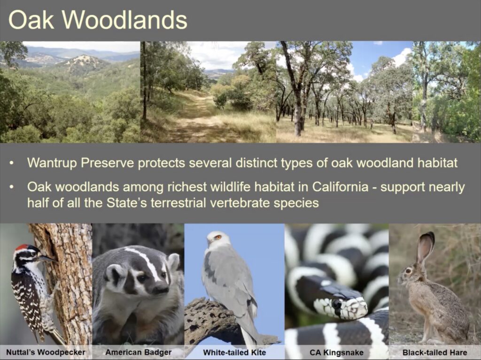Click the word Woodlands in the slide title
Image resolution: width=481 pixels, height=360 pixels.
pyautogui.click(x=124, y=20)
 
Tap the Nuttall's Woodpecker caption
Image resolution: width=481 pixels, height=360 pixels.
pyautogui.click(x=46, y=352)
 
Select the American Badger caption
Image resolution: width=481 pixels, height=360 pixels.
pyautogui.click(x=139, y=352)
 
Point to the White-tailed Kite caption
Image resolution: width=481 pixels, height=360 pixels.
pyautogui.click(x=234, y=352)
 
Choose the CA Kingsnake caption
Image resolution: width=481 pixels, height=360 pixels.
pyautogui.click(x=336, y=352)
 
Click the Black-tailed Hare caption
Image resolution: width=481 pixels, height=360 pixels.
pyautogui.click(x=434, y=352)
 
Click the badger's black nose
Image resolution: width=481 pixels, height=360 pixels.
pyautogui.click(x=161, y=288)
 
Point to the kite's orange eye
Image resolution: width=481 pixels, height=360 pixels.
pyautogui.click(x=218, y=237)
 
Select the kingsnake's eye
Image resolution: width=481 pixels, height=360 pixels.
pyautogui.click(x=337, y=304)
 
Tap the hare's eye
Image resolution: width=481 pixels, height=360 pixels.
pyautogui.click(x=408, y=271)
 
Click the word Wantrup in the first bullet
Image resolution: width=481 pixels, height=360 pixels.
pyautogui.click(x=52, y=162)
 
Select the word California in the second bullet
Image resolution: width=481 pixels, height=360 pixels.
pyautogui.click(x=340, y=187)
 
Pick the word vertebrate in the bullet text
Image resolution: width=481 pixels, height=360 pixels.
pyautogui.click(x=240, y=203)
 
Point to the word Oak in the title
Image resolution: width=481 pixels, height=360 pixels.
pyautogui.click(x=31, y=20)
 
